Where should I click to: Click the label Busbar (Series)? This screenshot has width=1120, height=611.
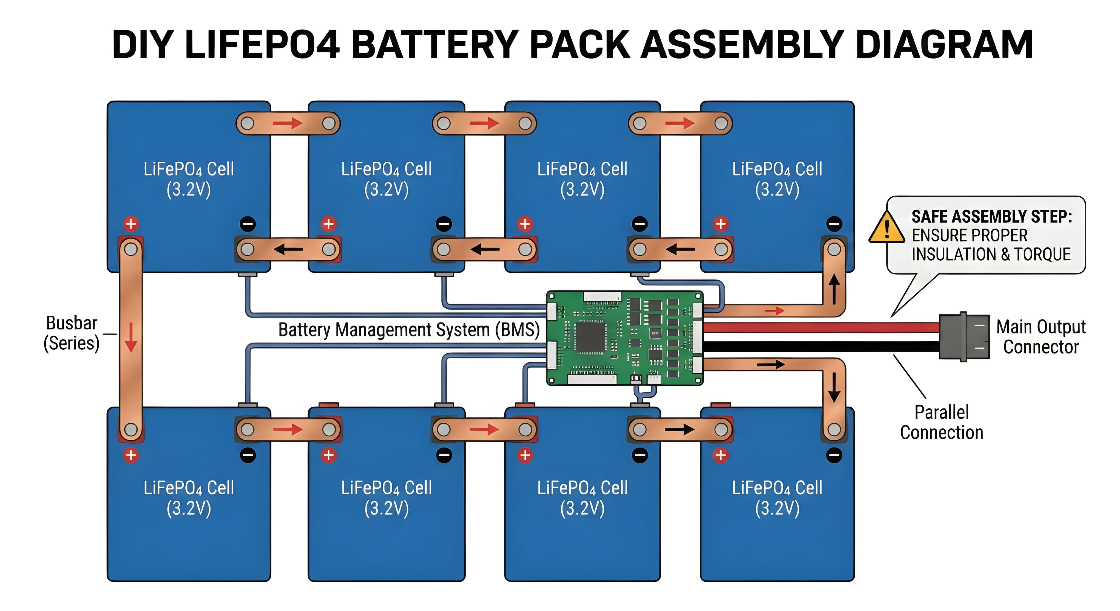(x=72, y=333)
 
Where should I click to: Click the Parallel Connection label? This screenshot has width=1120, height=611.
(x=941, y=422)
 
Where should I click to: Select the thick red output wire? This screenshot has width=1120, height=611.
(x=817, y=327)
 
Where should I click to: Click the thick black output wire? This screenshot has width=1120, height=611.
(x=817, y=346)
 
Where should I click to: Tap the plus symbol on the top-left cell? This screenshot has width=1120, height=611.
(x=131, y=224)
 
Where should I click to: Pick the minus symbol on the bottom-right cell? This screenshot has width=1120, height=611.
(x=834, y=455)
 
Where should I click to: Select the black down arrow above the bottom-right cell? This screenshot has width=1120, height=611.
(x=834, y=388)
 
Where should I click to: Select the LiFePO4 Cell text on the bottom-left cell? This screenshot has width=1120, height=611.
(x=189, y=488)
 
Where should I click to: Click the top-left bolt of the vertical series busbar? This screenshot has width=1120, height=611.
(x=131, y=249)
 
